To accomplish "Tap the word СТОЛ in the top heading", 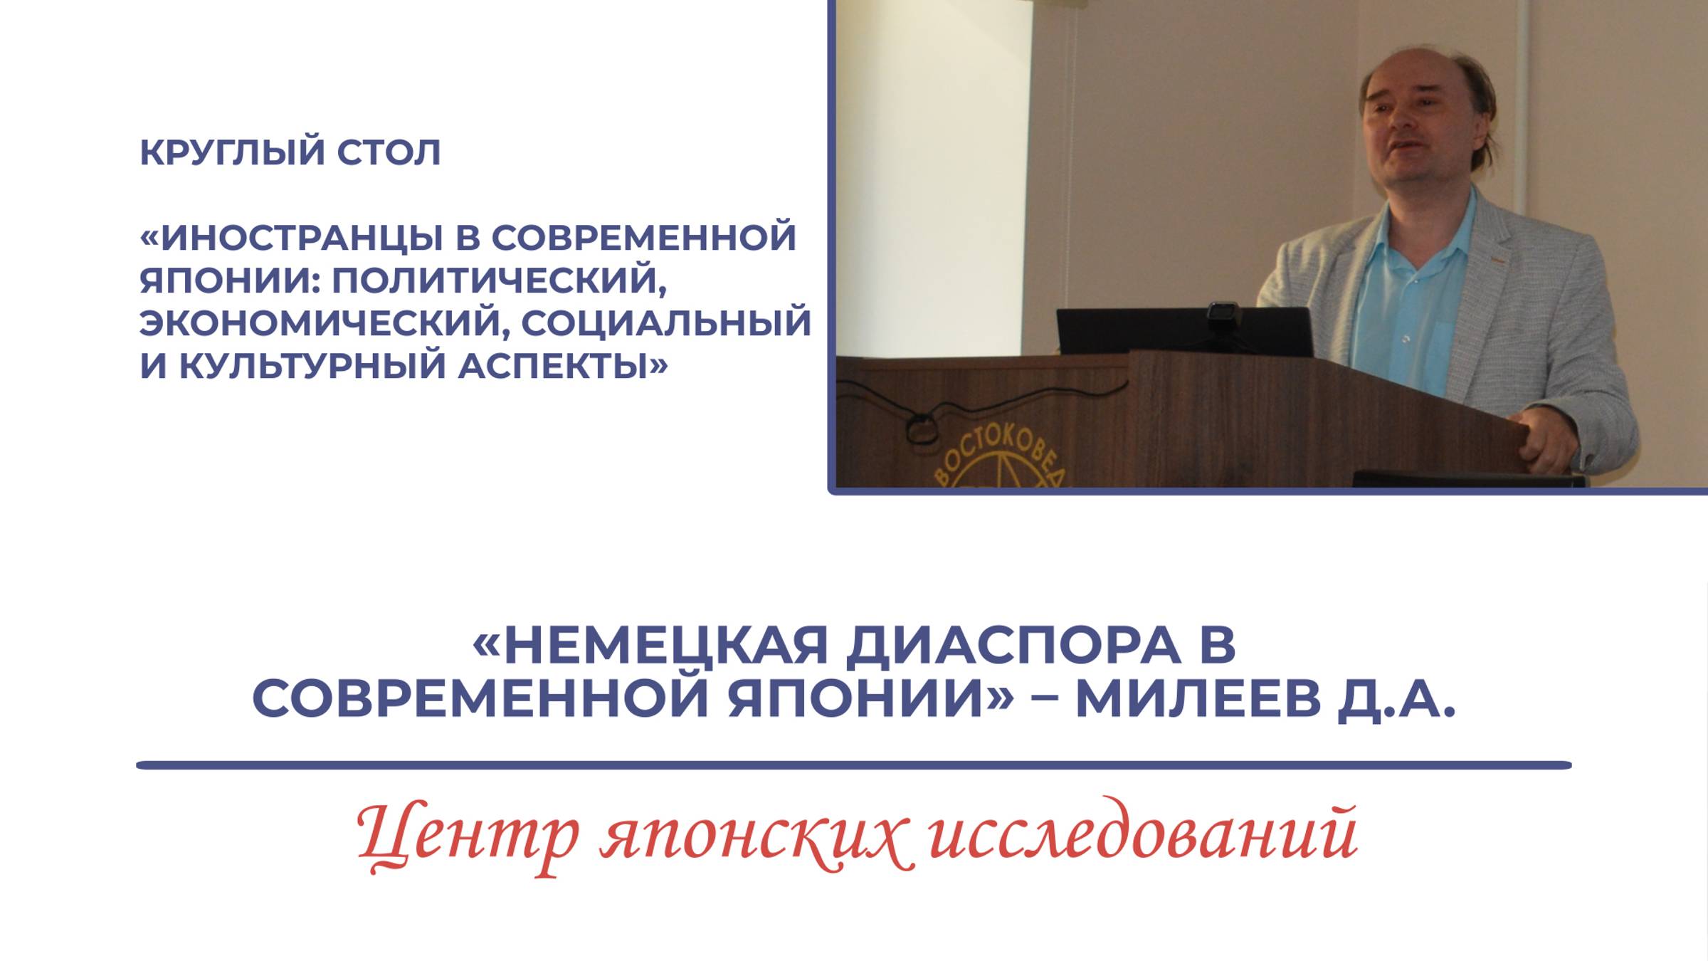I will coord(389,153).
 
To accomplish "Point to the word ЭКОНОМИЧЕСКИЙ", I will coord(323,323).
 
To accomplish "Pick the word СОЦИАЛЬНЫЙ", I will coord(666,323).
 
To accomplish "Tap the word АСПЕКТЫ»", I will coord(562,366).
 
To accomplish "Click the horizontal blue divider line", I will coord(854,766).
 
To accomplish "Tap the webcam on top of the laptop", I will coord(1223,313).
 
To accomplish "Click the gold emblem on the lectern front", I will coord(996,459).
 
